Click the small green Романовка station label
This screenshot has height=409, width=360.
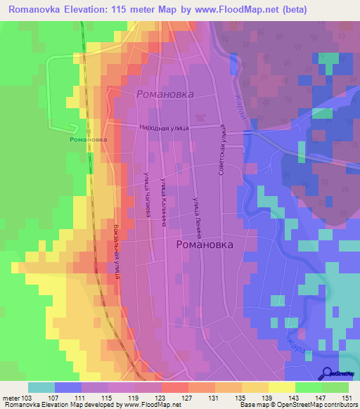89,139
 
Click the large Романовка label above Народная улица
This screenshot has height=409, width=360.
165,93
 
